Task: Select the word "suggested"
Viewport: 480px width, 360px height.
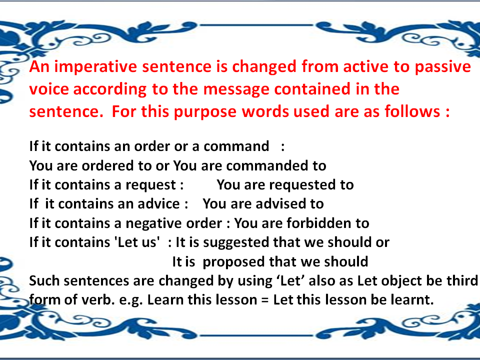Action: [235, 242]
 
